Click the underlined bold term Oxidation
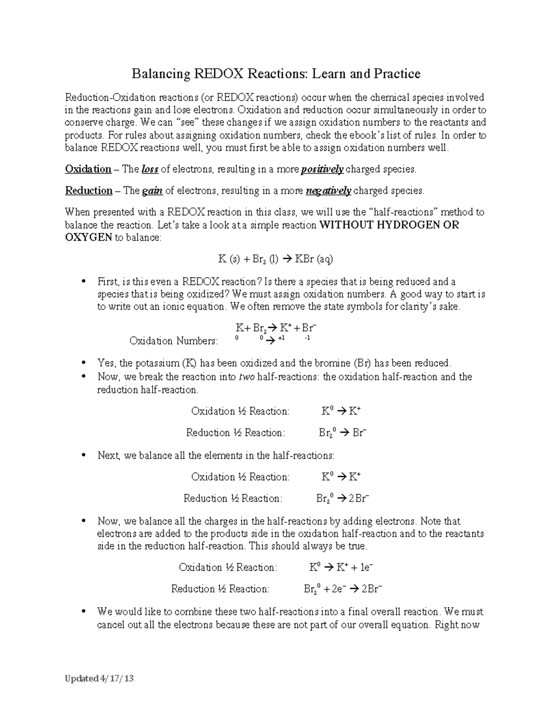pyautogui.click(x=88, y=169)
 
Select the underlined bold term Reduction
pyautogui.click(x=88, y=191)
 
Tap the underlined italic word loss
pyautogui.click(x=150, y=169)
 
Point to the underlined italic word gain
pyautogui.click(x=153, y=191)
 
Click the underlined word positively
pyautogui.click(x=322, y=170)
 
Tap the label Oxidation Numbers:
pyautogui.click(x=173, y=341)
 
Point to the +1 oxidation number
pyautogui.click(x=281, y=338)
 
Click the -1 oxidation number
pyautogui.click(x=307, y=338)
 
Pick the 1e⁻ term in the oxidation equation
pyautogui.click(x=365, y=568)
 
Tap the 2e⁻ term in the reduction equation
pyautogui.click(x=338, y=589)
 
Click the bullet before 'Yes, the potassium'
pyautogui.click(x=83, y=363)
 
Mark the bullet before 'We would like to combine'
pyautogui.click(x=83, y=612)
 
